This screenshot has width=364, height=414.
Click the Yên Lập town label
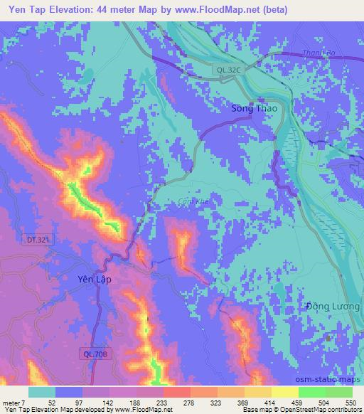(94, 280)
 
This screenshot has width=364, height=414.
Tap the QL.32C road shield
(228, 68)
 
